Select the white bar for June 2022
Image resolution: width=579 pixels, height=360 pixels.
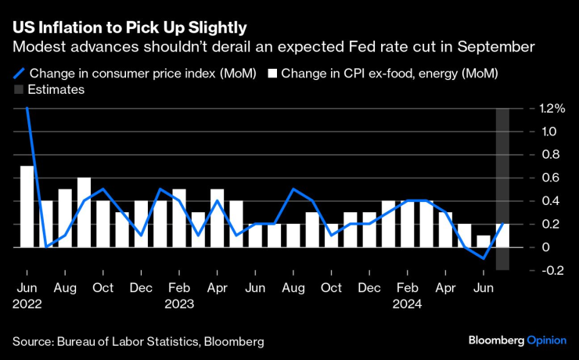point(27,206)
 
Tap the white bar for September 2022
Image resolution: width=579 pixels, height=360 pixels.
point(85,213)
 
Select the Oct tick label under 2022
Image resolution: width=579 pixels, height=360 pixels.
point(103,288)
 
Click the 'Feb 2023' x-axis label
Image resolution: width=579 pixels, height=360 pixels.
point(180,296)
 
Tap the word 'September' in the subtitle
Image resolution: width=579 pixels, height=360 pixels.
point(502,47)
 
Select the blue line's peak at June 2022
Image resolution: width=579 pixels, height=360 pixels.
point(27,109)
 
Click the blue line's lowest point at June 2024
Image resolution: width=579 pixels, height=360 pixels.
point(484,258)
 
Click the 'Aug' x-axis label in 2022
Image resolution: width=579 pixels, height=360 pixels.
point(65,288)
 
